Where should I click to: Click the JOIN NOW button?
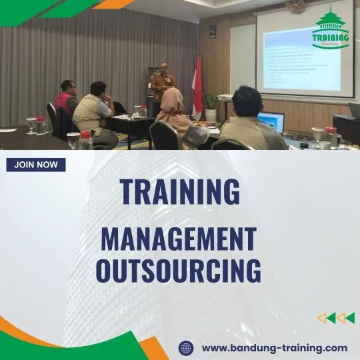(x=36, y=165)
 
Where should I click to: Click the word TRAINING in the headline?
(x=179, y=192)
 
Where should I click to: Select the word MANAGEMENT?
(x=179, y=239)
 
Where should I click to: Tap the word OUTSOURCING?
(x=179, y=271)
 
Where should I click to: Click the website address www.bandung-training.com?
(x=274, y=347)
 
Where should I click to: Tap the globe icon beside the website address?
(x=186, y=347)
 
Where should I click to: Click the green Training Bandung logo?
(x=331, y=28)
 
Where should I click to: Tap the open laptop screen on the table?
(x=271, y=122)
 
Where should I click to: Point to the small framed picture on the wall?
(x=212, y=31)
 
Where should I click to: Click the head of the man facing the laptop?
(x=247, y=101)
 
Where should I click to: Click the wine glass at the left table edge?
(x=31, y=125)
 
